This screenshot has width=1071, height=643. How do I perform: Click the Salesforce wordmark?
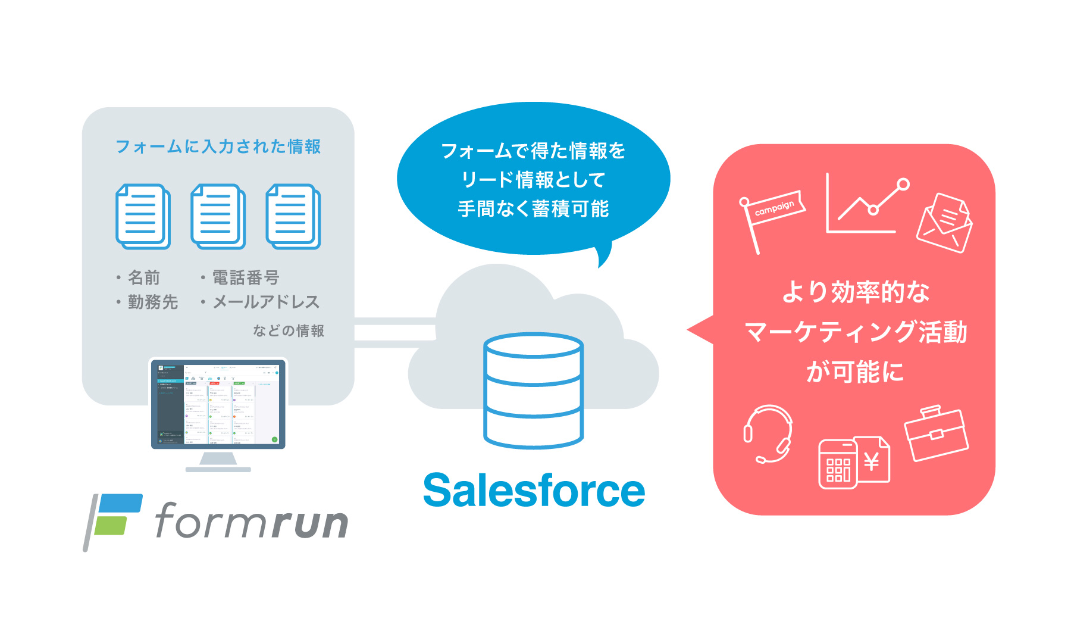tap(534, 491)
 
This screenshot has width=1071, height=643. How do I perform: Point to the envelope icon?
tap(944, 223)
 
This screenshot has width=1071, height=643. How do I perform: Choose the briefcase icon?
tap(936, 433)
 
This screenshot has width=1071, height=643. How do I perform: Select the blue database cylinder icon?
tap(533, 389)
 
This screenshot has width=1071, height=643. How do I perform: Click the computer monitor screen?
tap(218, 403)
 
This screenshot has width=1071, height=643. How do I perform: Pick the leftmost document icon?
tap(143, 217)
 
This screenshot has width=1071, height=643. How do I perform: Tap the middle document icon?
tap(218, 217)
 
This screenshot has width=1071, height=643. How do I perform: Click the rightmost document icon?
tap(293, 217)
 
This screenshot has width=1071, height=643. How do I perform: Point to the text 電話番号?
tap(246, 277)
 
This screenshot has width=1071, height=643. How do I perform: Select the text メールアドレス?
tap(266, 302)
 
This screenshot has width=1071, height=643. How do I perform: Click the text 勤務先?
tap(153, 302)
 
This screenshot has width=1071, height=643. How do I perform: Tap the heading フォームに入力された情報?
tap(218, 146)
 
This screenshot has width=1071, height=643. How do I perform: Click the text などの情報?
tap(289, 330)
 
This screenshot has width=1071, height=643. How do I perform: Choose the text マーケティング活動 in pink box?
tap(855, 332)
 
